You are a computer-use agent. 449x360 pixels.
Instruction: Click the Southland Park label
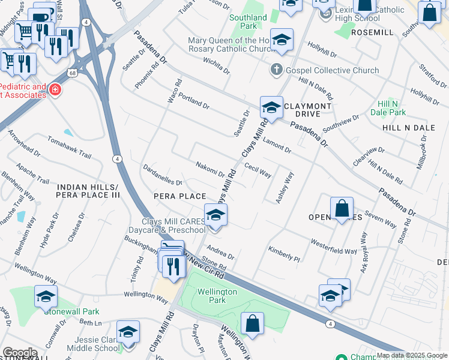[248, 22]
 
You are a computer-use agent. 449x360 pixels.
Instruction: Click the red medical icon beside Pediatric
[55, 90]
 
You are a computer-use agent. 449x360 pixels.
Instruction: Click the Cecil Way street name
[258, 171]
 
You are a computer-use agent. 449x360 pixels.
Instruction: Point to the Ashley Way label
[285, 188]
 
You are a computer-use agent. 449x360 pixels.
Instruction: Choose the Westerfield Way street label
[333, 247]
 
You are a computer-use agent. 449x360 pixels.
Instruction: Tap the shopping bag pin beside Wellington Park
[253, 324]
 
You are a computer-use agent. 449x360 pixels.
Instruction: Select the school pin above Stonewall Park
[46, 296]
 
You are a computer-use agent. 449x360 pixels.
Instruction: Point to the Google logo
[20, 353]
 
